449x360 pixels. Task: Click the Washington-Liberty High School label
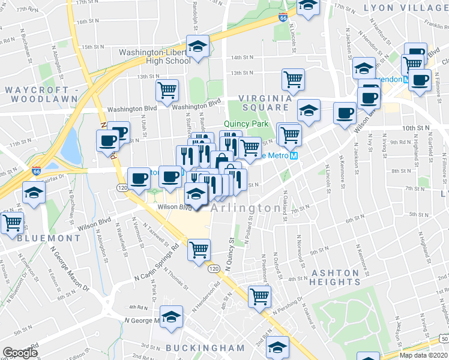pyautogui.click(x=154, y=56)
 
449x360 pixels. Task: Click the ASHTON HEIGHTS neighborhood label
pyautogui.click(x=336, y=277)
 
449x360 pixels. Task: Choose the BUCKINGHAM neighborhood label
pyautogui.click(x=205, y=348)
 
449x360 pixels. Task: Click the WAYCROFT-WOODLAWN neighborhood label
pyautogui.click(x=41, y=94)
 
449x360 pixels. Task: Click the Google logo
pyautogui.click(x=20, y=353)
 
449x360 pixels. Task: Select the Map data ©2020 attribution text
pyautogui.click(x=423, y=355)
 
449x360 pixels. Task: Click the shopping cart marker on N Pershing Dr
pyautogui.click(x=259, y=296)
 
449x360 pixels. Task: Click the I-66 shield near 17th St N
pyautogui.click(x=283, y=18)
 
